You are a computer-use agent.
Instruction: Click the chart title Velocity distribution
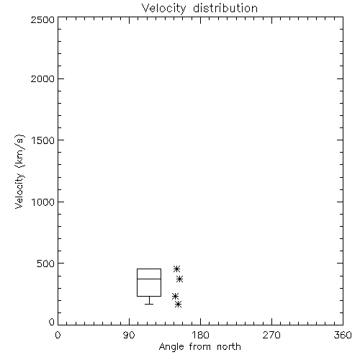click(199, 8)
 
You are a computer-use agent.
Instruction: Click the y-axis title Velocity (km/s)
click(19, 171)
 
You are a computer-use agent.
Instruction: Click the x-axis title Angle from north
click(199, 347)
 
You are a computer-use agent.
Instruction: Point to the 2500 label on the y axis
click(42, 19)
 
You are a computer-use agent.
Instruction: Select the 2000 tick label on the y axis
click(42, 78)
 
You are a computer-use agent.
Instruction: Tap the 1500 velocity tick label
click(43, 140)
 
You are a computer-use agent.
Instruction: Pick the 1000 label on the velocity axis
click(43, 202)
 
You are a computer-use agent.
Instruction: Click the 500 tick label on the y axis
click(46, 264)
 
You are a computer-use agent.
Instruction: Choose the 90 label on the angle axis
click(129, 335)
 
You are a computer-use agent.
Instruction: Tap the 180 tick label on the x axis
click(200, 335)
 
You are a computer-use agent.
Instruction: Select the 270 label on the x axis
click(271, 335)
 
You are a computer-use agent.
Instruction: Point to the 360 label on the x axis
click(343, 335)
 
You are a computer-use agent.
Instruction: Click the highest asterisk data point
click(176, 269)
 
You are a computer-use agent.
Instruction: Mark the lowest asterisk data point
click(178, 305)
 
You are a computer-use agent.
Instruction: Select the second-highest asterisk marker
click(180, 279)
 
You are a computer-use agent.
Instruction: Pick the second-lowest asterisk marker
click(175, 297)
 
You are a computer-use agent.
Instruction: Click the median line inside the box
click(149, 279)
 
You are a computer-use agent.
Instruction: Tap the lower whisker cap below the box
click(149, 304)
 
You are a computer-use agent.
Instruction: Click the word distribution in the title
click(225, 8)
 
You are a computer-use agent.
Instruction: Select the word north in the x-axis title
click(229, 347)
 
